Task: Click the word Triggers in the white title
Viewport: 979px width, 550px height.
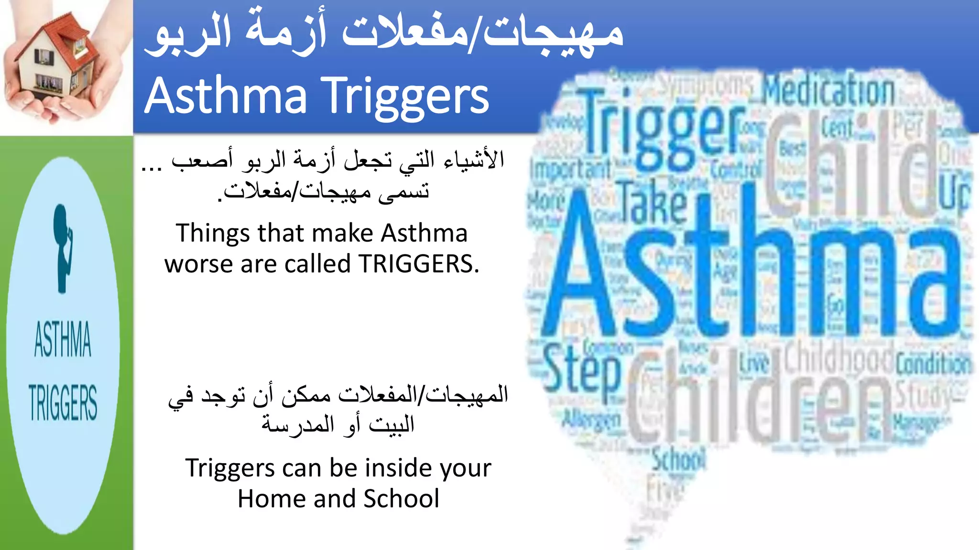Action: [x=405, y=97]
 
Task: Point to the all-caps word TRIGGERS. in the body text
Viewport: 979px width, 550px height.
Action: [x=419, y=264]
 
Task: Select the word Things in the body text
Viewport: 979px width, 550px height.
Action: [x=213, y=233]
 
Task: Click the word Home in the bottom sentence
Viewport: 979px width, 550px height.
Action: [x=272, y=499]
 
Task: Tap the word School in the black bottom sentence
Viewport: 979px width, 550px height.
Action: [x=401, y=499]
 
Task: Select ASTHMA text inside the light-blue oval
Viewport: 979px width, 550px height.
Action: [x=63, y=339]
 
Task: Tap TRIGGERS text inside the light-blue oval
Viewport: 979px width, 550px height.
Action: [x=63, y=402]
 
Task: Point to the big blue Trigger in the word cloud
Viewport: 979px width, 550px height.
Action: [x=662, y=128]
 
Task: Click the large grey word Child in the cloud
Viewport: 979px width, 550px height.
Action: [x=851, y=165]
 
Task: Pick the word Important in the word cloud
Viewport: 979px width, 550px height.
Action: [x=570, y=169]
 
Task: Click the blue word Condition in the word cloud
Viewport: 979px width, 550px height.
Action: [x=933, y=365]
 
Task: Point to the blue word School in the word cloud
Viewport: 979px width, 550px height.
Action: [x=679, y=460]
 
